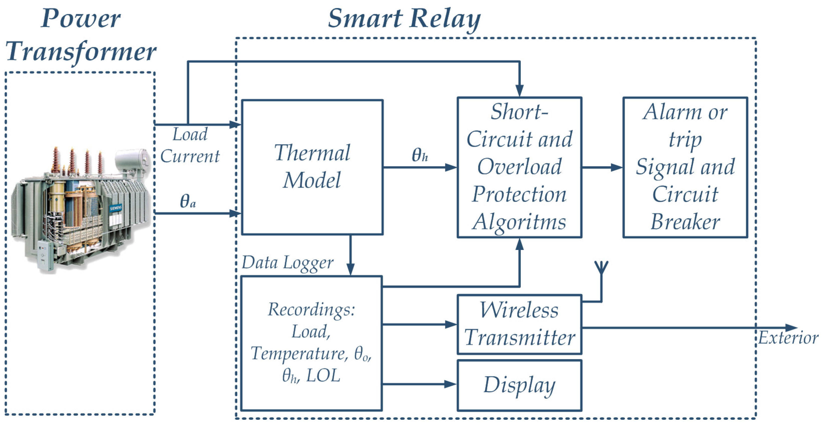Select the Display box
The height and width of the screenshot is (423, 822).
click(x=519, y=385)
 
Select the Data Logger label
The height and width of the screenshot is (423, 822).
click(x=287, y=263)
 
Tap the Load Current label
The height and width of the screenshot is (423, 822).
click(x=190, y=145)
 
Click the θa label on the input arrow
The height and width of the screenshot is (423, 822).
click(x=188, y=201)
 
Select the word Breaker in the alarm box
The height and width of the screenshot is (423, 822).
click(x=685, y=222)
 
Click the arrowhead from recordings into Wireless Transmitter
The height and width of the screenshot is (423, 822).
click(x=451, y=324)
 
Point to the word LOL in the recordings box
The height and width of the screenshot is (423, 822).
click(x=323, y=376)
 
